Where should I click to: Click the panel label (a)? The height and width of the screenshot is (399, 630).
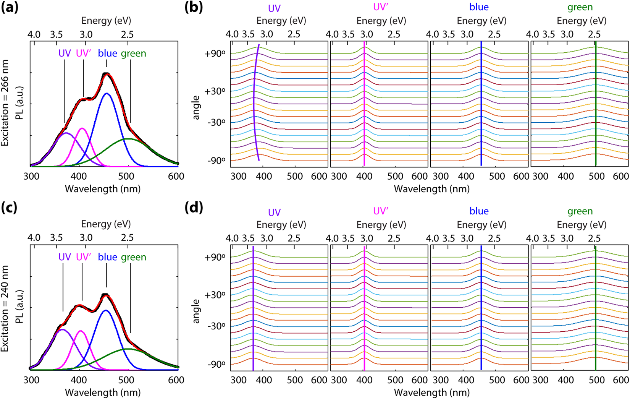point(9,8)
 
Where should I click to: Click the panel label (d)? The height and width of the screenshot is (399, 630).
point(194,208)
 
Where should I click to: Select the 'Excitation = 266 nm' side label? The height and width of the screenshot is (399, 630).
point(5,103)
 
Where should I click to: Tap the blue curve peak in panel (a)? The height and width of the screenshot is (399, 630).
point(107,94)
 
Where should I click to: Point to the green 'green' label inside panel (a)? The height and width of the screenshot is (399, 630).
point(133,54)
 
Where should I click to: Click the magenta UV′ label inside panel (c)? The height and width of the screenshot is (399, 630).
point(84,257)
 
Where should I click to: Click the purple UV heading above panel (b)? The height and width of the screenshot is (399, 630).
point(274,8)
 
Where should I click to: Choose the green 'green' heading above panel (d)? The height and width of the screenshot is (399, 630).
point(580,211)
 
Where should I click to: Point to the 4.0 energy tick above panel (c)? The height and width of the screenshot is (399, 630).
point(34,238)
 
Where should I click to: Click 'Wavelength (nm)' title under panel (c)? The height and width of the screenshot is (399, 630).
point(102,393)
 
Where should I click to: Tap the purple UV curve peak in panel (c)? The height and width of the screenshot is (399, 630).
point(63,329)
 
